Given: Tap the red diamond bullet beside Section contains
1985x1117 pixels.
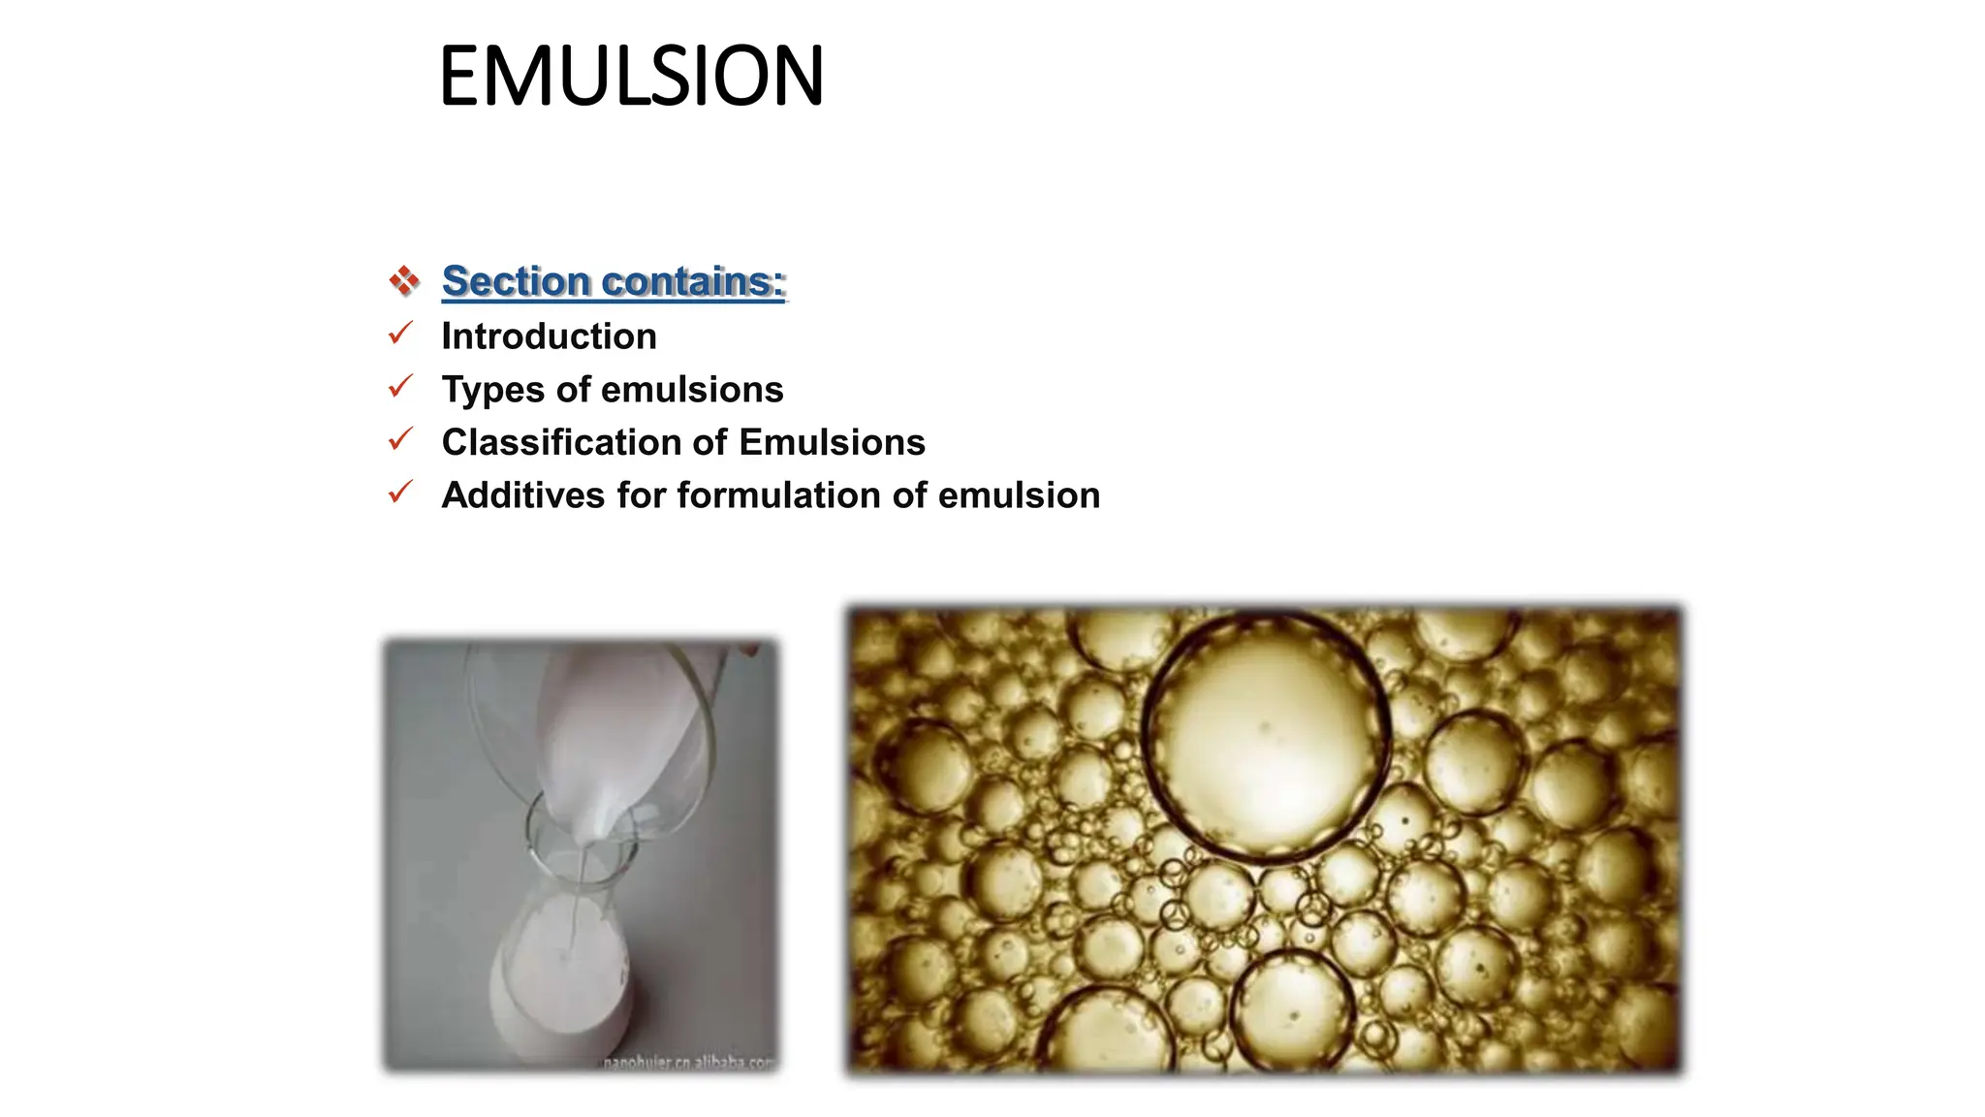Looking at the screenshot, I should click(x=403, y=281).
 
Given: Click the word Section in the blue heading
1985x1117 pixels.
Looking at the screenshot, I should click(x=516, y=281).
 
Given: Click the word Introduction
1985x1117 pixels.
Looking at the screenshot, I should click(x=549, y=336).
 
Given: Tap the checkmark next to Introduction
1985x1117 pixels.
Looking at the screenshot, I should click(x=400, y=335).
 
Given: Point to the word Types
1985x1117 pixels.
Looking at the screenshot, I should click(x=492, y=390).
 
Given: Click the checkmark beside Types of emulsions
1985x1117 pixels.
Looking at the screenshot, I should click(x=400, y=388).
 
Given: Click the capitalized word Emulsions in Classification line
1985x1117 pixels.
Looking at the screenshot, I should click(x=832, y=442).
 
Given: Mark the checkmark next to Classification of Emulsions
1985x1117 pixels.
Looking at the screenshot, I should click(x=400, y=440).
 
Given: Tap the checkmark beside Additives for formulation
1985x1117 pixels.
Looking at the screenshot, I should click(x=400, y=494).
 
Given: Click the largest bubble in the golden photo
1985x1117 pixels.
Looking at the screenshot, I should click(x=1265, y=737).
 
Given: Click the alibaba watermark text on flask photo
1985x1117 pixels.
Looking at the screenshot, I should click(x=688, y=1063).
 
